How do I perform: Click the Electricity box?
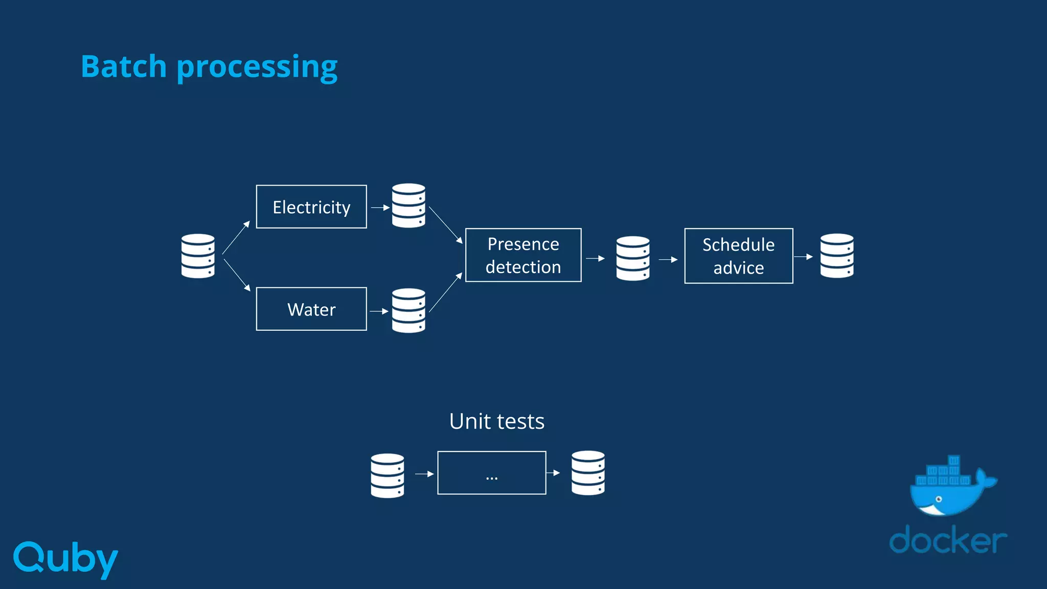click(311, 207)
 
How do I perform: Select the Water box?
click(311, 309)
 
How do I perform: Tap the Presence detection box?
click(523, 255)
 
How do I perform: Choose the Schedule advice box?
click(738, 256)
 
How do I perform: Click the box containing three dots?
click(491, 473)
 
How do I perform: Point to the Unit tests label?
click(496, 421)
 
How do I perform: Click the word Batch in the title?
click(124, 66)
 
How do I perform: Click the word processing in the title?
click(257, 67)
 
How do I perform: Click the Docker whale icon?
click(950, 487)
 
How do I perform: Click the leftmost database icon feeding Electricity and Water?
click(198, 256)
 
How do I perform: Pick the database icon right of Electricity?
click(408, 206)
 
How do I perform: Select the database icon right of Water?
click(408, 310)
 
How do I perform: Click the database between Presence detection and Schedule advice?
click(633, 258)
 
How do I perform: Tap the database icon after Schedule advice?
click(837, 256)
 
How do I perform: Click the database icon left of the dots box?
click(387, 475)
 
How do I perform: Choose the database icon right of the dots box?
click(588, 473)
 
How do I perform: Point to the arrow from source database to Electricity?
click(236, 237)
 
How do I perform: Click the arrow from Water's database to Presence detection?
click(446, 292)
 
